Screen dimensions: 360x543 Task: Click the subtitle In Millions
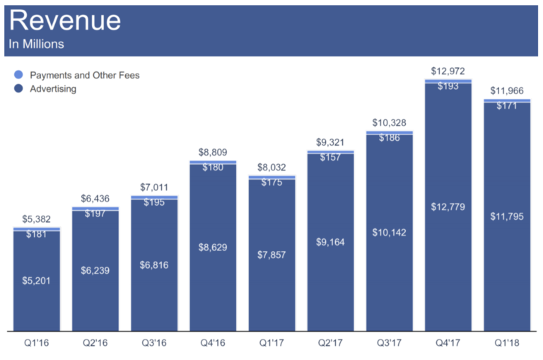coord(36,44)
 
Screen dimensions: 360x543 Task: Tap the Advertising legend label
coord(53,89)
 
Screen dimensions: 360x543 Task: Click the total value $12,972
coord(448,71)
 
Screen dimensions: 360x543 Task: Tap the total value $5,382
coord(37,219)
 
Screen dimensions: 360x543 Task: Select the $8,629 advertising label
coord(213,248)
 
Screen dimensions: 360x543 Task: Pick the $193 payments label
coord(448,86)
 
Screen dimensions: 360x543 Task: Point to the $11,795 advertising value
coord(507,216)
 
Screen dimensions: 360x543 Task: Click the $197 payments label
coord(95,214)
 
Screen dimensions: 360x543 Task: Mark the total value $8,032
coord(271,168)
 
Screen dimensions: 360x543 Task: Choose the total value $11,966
coord(507,91)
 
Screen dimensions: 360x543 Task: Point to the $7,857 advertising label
coord(271,255)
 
